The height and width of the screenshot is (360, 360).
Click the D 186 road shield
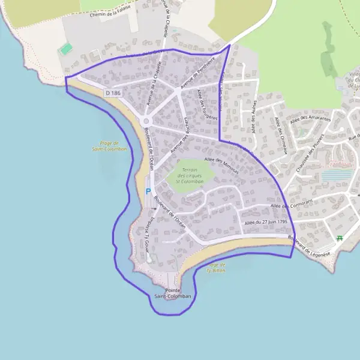[x=113, y=93]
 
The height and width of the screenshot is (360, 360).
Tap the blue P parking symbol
[x=148, y=192]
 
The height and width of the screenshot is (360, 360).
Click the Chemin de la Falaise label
[x=110, y=14]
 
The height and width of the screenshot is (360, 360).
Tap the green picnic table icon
[x=340, y=238]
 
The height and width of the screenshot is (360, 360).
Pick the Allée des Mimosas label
[x=221, y=165]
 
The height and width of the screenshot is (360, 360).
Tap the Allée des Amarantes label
[x=310, y=119]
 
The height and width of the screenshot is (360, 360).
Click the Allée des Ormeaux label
[x=280, y=136]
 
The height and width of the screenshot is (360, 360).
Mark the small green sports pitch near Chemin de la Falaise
[x=66, y=48]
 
